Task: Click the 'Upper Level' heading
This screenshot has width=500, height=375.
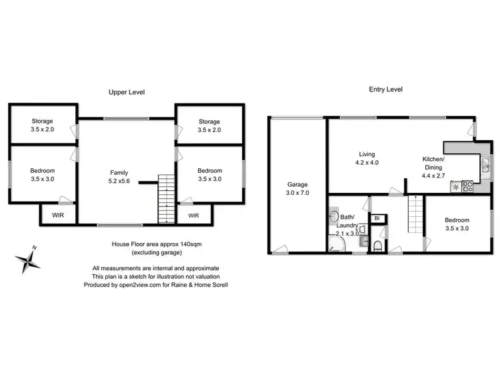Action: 127,92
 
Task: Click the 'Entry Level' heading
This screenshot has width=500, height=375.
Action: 385,89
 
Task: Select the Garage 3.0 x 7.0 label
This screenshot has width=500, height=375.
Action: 297,188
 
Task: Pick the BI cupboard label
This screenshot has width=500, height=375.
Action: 377,218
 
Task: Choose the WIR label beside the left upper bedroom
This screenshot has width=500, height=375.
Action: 59,216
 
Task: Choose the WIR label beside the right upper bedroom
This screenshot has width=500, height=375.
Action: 193,216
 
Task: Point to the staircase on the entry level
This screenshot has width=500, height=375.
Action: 415,216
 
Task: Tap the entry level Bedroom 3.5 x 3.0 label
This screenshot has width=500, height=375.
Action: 457,224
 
